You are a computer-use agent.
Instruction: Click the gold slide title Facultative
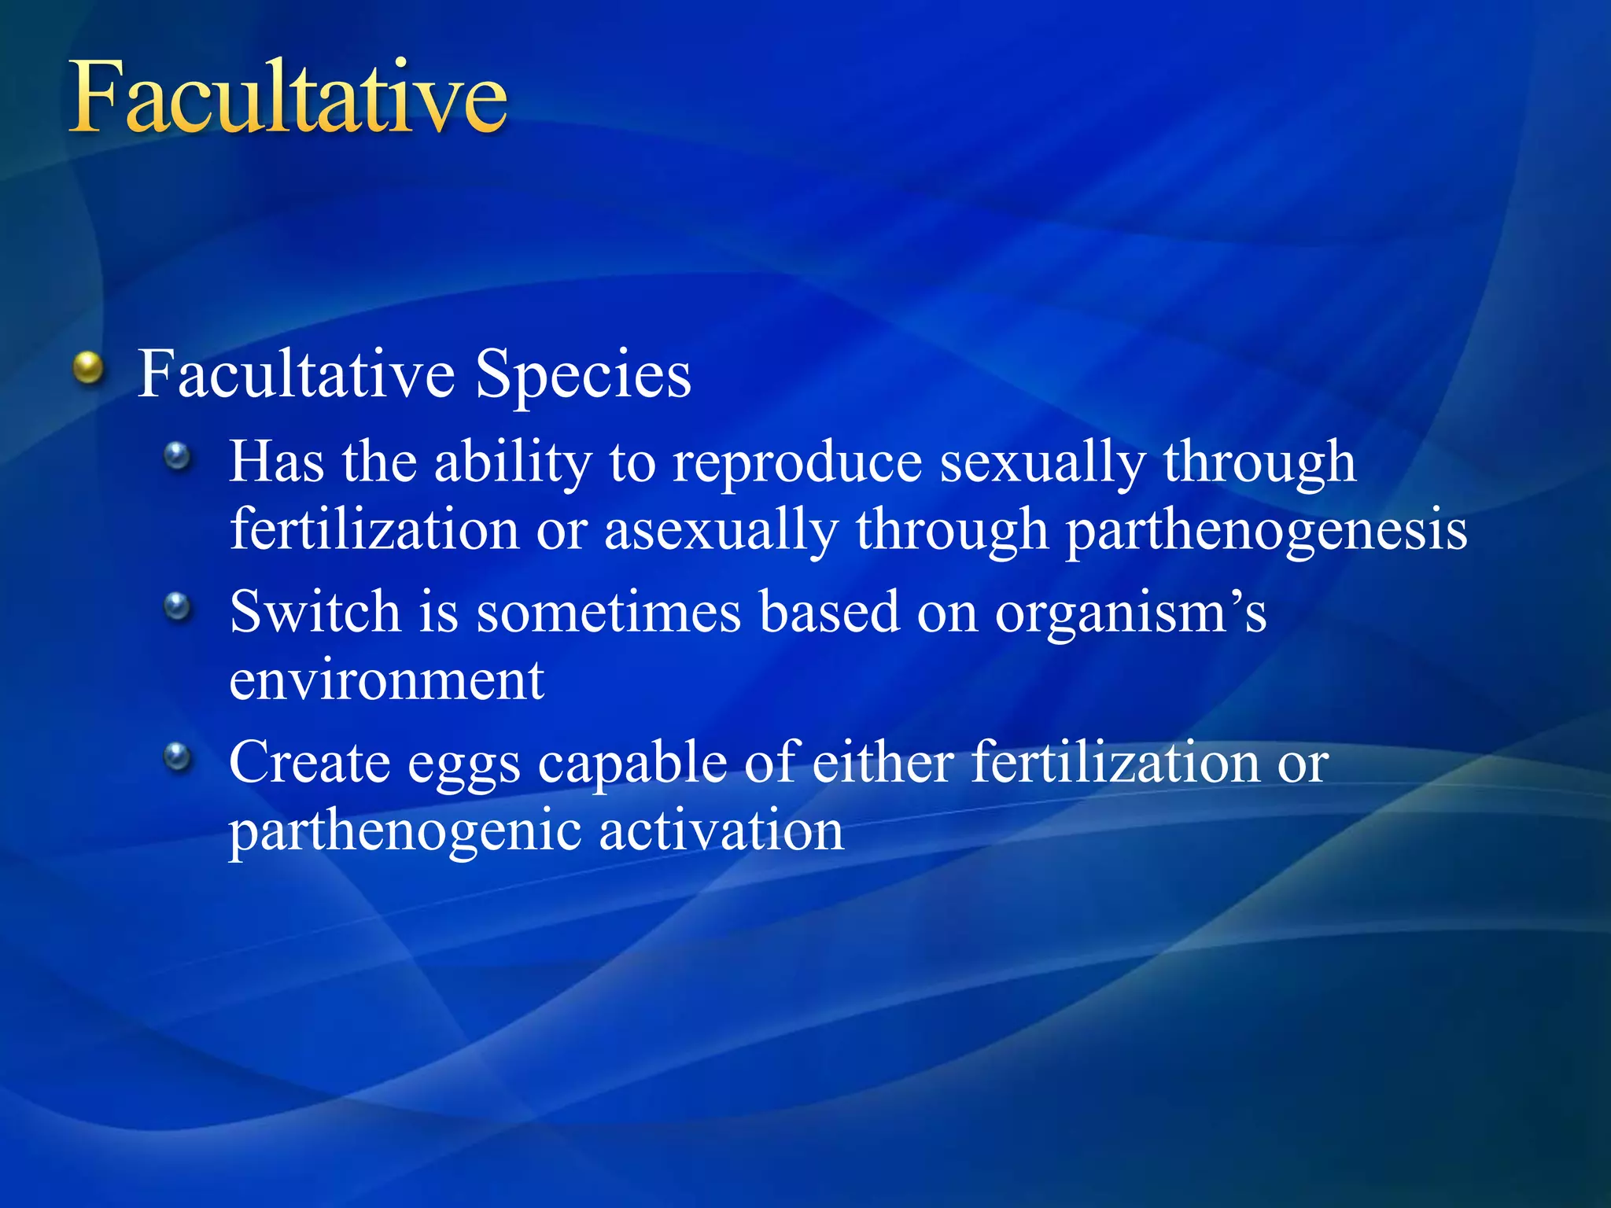(x=288, y=98)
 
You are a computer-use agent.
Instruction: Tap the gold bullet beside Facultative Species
(x=89, y=368)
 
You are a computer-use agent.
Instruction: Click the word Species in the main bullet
(x=583, y=375)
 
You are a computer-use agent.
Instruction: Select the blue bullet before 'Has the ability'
(x=178, y=456)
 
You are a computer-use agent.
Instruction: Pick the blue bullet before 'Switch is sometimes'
(x=178, y=606)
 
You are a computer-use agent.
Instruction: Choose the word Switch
(x=315, y=611)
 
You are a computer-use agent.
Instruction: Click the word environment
(x=386, y=680)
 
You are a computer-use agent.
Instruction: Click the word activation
(x=721, y=831)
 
